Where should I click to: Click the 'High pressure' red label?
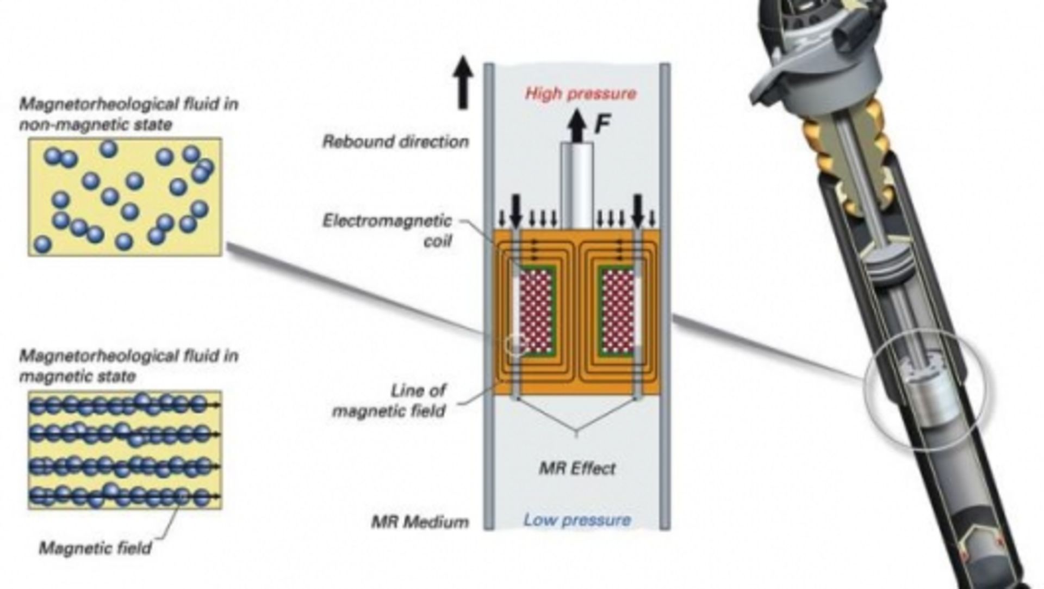tap(580, 94)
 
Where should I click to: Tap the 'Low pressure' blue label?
tap(577, 520)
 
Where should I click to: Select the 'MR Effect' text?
tap(577, 468)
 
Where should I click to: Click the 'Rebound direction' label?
tap(395, 142)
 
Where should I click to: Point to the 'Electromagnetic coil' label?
tap(387, 230)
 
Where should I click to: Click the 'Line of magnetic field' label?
tap(389, 400)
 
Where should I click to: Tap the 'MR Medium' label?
tap(420, 522)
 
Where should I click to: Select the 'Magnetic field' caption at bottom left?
tap(95, 548)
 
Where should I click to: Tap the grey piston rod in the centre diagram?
tap(576, 186)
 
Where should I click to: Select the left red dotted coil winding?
tap(536, 312)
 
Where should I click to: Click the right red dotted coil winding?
tap(618, 312)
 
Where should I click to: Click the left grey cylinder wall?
tap(489, 297)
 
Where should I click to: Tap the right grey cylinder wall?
tap(664, 297)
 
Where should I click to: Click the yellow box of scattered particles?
tap(125, 197)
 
